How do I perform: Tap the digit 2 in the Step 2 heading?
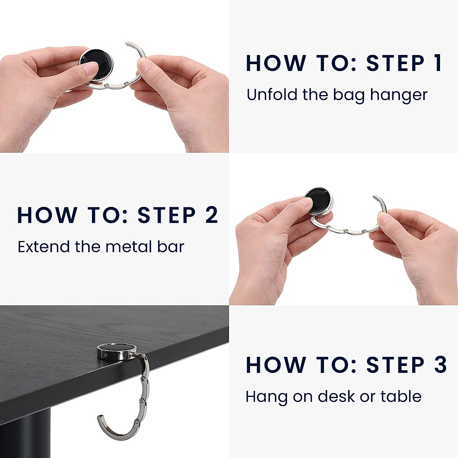tap(211, 215)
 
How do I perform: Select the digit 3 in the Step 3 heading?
tap(440, 365)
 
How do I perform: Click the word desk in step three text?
tap(336, 396)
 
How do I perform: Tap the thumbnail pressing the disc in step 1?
tap(91, 69)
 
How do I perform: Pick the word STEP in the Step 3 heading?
tap(395, 365)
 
